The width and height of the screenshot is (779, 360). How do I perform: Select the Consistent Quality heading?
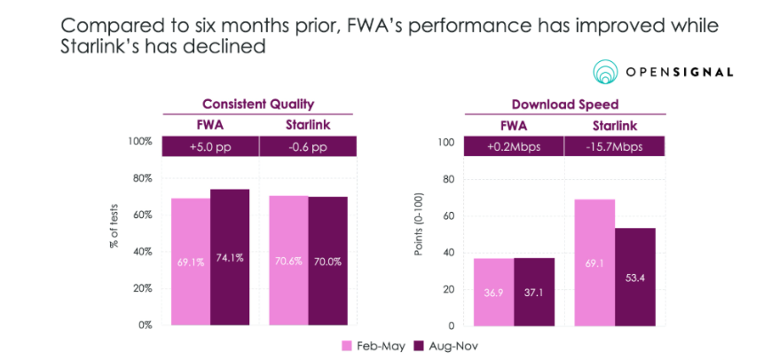pyautogui.click(x=258, y=103)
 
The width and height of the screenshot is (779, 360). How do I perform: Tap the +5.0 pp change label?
pyautogui.click(x=210, y=145)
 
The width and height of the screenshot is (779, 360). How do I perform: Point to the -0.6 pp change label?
pyautogui.click(x=308, y=145)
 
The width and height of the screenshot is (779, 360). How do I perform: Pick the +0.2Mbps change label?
pyautogui.click(x=515, y=145)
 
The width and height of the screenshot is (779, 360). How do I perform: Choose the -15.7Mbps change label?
pyautogui.click(x=613, y=145)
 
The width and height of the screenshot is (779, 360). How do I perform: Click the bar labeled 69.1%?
pyautogui.click(x=191, y=262)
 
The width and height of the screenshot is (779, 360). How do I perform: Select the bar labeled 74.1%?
pyautogui.click(x=230, y=257)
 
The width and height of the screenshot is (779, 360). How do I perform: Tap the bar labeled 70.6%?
pyautogui.click(x=288, y=261)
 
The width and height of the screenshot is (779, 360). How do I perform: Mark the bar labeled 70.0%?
pyautogui.click(x=327, y=261)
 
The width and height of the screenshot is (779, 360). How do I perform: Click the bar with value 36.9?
pyautogui.click(x=495, y=292)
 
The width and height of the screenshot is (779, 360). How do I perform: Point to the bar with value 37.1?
pyautogui.click(x=534, y=292)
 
